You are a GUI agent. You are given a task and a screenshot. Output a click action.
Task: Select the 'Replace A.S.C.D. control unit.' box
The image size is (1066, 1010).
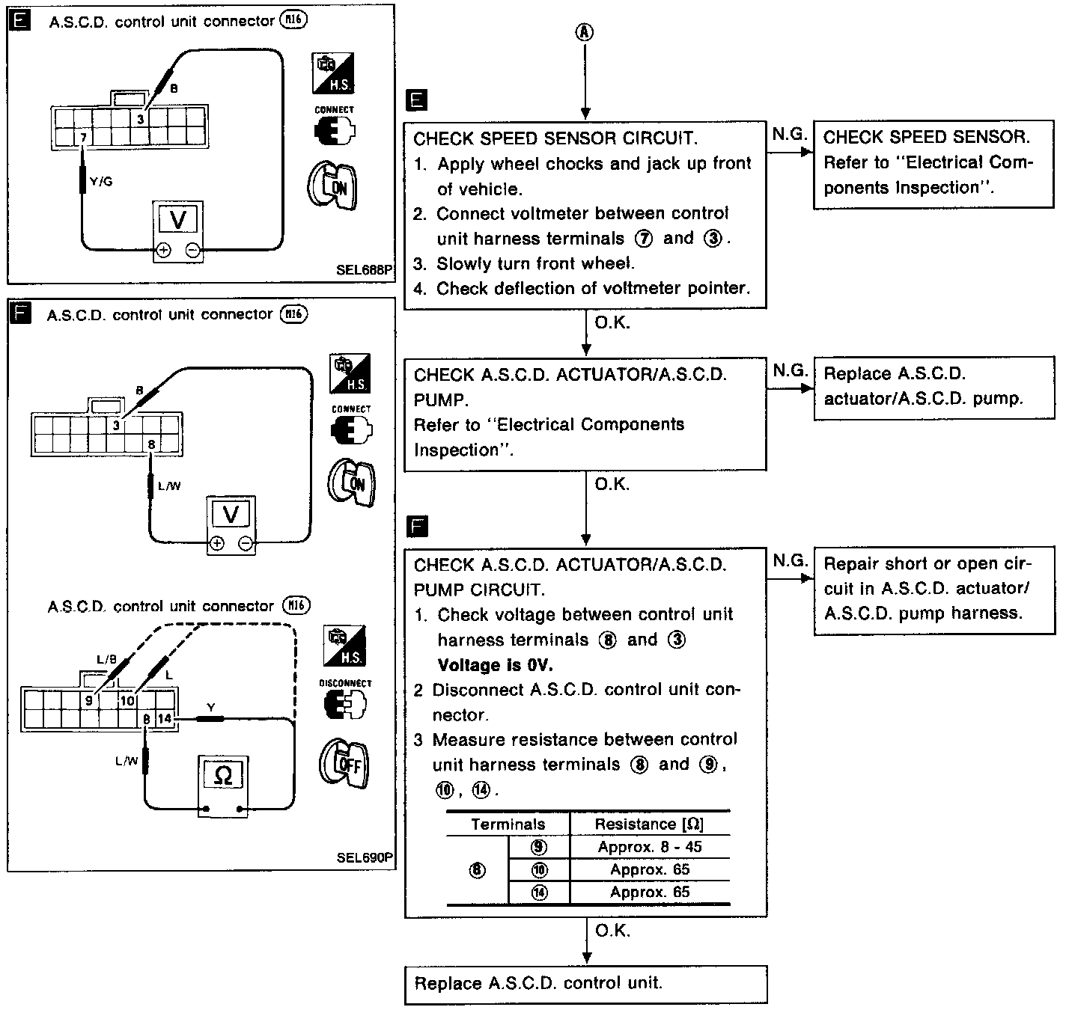586,984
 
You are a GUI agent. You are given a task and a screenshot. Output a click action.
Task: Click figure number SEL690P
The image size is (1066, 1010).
364,857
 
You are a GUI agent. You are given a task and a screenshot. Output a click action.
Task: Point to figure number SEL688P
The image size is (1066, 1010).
364,269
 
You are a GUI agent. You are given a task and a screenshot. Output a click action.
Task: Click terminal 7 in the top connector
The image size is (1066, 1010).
83,138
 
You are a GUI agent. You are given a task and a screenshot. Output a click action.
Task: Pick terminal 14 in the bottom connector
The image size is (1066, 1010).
165,719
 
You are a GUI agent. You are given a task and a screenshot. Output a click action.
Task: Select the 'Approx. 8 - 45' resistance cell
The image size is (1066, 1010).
649,847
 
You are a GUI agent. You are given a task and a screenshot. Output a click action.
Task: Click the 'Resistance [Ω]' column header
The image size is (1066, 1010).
649,824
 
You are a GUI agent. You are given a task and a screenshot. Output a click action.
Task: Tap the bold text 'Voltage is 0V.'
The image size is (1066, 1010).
495,665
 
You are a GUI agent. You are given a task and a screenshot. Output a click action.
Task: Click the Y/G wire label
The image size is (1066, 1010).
101,181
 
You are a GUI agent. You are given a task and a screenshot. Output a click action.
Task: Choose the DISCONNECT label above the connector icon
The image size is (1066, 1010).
345,683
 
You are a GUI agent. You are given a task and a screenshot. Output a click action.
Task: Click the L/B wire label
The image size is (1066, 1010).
107,659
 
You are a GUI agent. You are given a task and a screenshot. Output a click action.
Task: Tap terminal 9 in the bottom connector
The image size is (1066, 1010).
88,700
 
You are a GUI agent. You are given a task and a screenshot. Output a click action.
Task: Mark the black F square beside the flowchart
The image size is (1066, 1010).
416,527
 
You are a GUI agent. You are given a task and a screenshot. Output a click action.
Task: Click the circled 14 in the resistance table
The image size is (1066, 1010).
538,892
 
